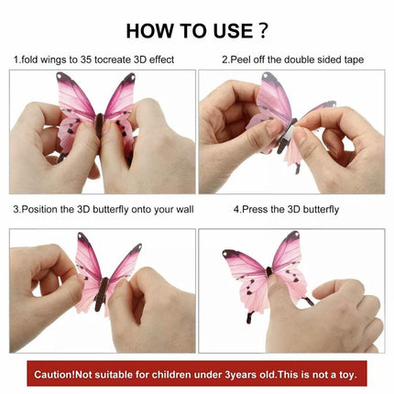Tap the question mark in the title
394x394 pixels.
pos(263,30)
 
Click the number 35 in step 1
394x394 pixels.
pos(86,60)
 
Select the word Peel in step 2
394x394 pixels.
pos(241,60)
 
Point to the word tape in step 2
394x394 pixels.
pos(354,60)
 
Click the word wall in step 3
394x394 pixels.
pos(184,210)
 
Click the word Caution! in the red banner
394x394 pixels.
pos(54,375)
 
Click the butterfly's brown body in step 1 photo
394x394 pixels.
pos(100,125)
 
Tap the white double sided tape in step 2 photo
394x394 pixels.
pos(290,134)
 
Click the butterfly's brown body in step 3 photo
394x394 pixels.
pos(102,294)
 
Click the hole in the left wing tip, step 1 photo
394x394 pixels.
pos(60,75)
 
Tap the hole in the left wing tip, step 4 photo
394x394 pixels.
pos(225,253)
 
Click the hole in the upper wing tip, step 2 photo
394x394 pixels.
pos(266,75)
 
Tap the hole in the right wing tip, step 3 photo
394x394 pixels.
pos(140,246)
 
